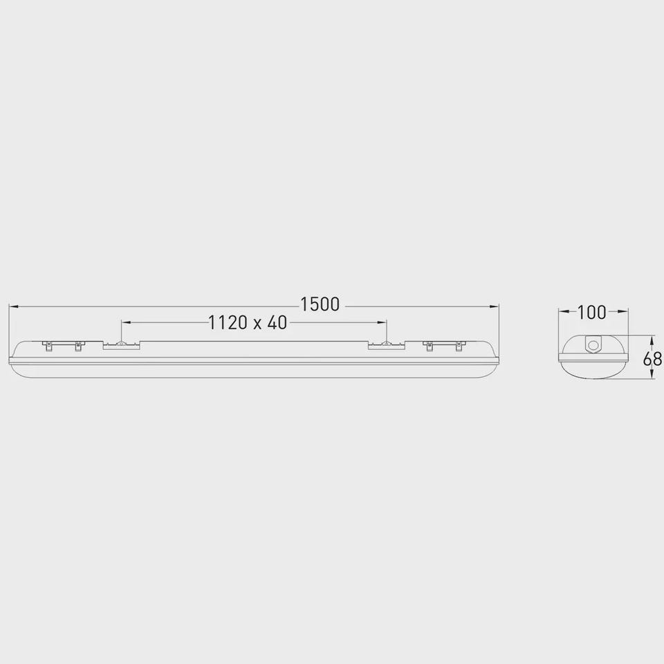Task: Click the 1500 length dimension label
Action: (x=320, y=304)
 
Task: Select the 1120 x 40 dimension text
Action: (x=248, y=323)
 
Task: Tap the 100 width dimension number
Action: (x=591, y=313)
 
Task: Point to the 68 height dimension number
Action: (x=652, y=359)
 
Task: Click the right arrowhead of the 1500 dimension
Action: (x=494, y=306)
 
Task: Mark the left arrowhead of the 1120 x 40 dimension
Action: (x=126, y=323)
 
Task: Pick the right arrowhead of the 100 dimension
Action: (x=623, y=312)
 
